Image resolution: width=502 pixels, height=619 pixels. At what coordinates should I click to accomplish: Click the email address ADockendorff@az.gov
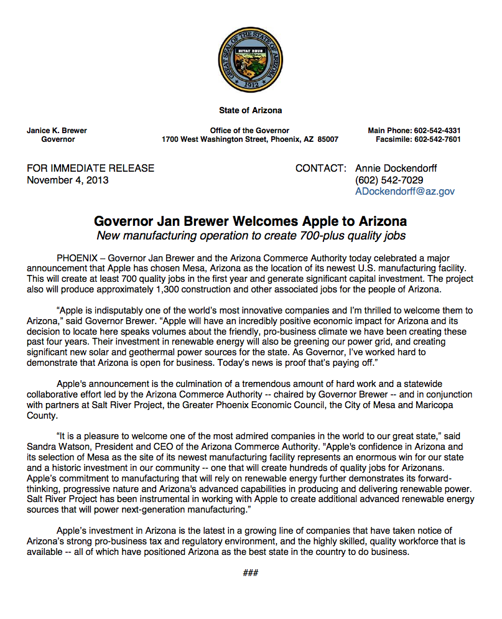[404, 192]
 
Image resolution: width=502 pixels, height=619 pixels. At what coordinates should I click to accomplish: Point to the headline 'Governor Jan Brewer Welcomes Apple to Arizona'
[250, 221]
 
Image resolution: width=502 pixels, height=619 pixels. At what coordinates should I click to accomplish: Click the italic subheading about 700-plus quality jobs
[250, 236]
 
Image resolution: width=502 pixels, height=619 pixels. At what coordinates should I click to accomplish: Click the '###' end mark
[250, 573]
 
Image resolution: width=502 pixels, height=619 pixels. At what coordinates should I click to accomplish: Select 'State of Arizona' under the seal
[250, 111]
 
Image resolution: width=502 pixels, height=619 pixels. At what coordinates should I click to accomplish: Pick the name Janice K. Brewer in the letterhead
[57, 131]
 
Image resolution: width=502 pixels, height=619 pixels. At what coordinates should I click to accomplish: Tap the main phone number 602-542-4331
[435, 131]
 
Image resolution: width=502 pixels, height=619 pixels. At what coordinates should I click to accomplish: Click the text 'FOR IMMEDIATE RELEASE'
[90, 168]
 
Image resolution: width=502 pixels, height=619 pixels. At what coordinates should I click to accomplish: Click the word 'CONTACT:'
[320, 168]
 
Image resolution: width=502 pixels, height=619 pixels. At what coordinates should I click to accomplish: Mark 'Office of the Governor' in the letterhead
[249, 131]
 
